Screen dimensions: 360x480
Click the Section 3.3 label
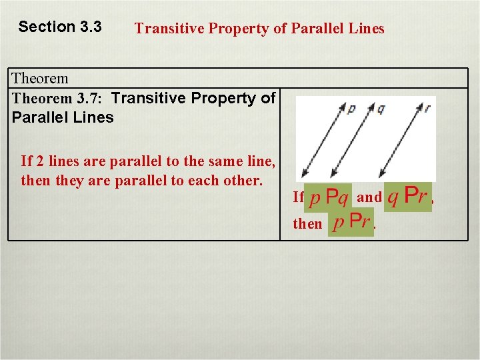(x=60, y=27)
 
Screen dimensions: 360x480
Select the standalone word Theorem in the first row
(x=40, y=79)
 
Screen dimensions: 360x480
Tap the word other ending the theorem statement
(x=244, y=181)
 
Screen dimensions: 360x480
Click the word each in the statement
(x=206, y=181)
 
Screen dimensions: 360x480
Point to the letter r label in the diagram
(x=427, y=106)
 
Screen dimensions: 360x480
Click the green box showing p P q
(x=329, y=197)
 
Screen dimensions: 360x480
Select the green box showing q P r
(x=407, y=197)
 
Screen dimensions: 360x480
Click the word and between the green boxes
(x=369, y=197)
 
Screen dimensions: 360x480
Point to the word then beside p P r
(x=307, y=224)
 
